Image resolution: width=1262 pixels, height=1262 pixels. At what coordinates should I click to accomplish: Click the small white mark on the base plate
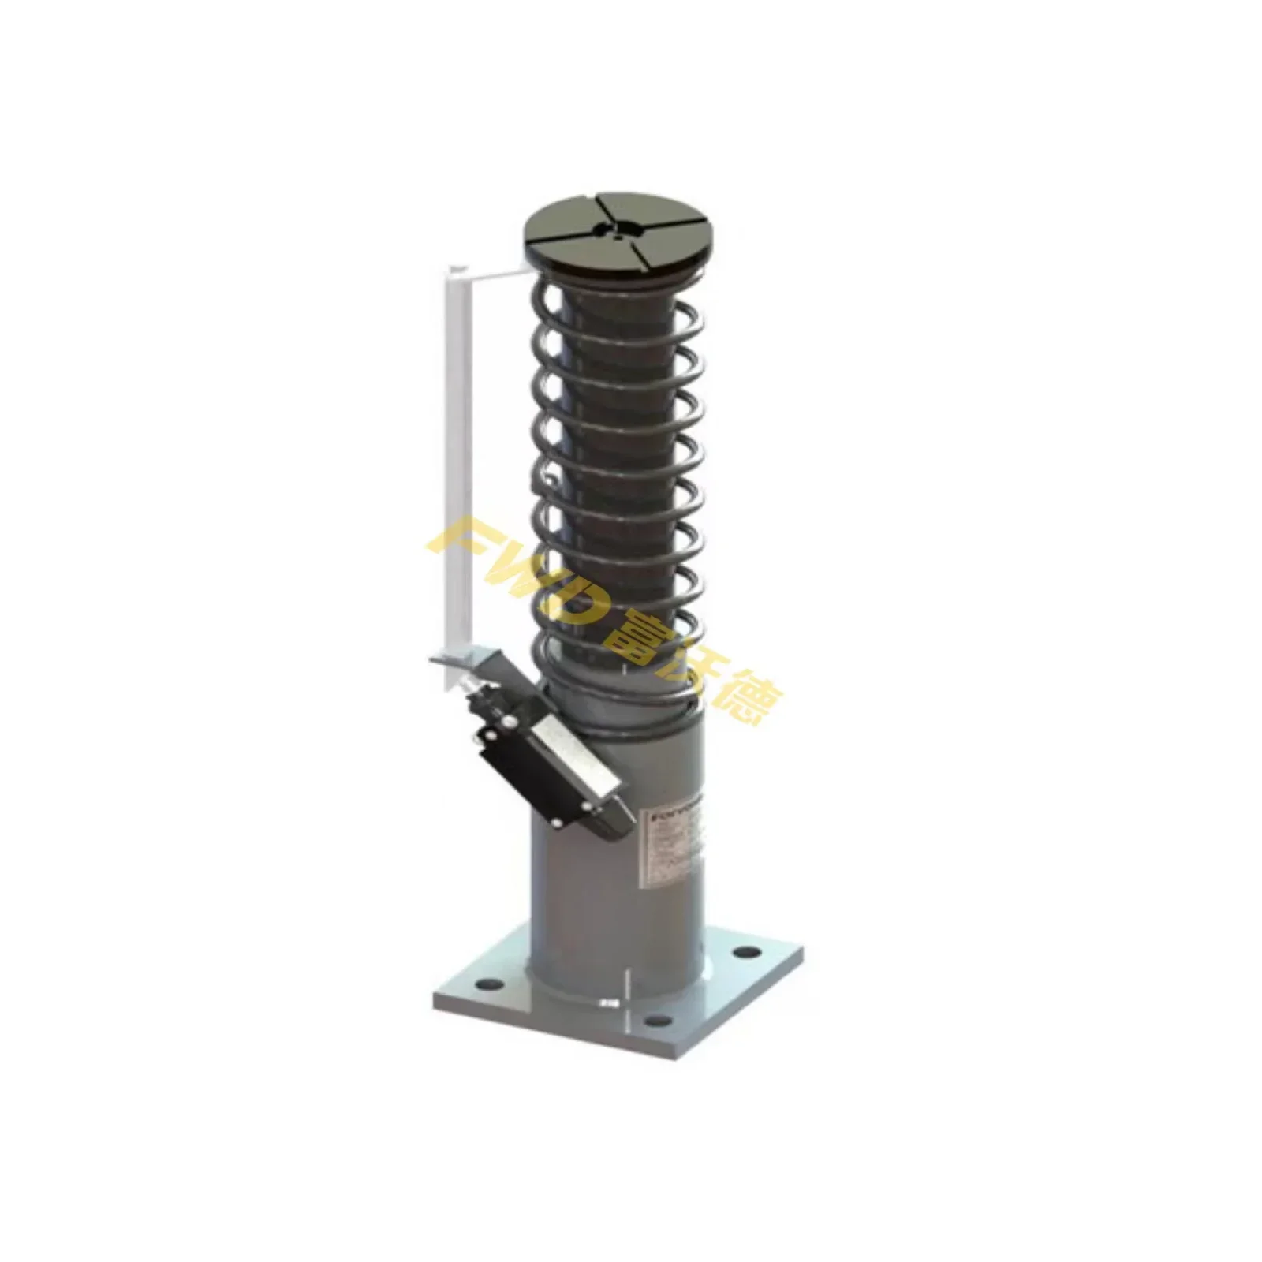607,1003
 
